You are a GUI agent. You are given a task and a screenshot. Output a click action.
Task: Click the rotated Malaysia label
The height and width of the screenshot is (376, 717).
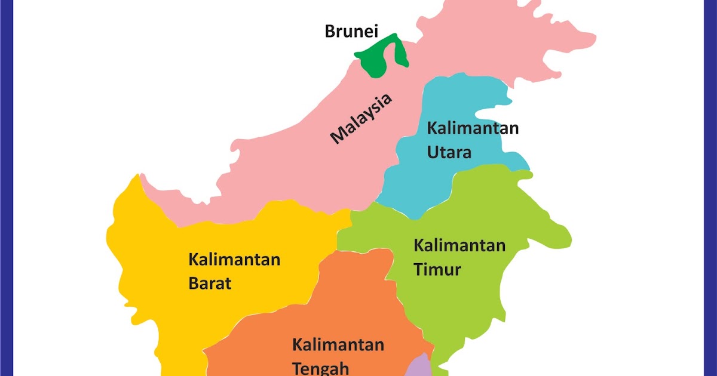pos(362,119)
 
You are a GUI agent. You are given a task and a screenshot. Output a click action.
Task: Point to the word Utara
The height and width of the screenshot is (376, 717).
pos(449,152)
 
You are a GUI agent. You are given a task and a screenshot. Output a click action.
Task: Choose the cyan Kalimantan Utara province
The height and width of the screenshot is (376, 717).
pos(418,179)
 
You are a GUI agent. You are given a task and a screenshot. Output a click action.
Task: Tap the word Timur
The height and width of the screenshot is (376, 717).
pos(437,269)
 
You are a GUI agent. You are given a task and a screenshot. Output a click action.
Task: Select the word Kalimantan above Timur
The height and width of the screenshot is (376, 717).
pos(459,245)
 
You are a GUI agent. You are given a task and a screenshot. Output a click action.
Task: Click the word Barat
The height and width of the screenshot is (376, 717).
pos(210,283)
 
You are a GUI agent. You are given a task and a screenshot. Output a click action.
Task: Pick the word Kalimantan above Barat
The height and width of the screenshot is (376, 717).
pos(234,260)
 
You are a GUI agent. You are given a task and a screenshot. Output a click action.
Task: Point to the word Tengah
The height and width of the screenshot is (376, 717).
pos(320,367)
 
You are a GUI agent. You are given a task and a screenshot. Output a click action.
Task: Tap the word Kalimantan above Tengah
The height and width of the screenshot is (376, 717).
pos(338,345)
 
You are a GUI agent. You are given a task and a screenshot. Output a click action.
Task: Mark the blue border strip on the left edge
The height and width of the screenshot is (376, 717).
pos(6,188)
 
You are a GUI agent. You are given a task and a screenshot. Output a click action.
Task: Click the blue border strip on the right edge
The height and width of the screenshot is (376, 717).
pos(710,188)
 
